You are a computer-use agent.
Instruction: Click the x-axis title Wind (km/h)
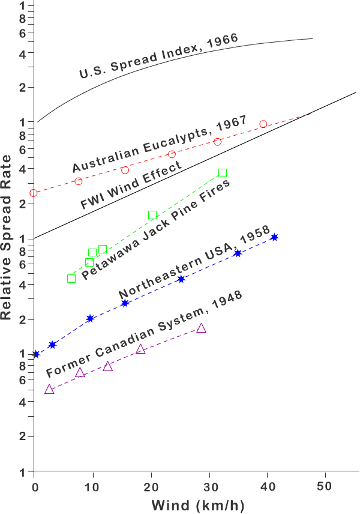198,504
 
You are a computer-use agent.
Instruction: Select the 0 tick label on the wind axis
34,485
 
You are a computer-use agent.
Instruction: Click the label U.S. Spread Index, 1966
159,56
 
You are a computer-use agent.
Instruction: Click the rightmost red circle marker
263,124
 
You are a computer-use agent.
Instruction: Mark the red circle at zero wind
34,193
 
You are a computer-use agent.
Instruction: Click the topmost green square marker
223,173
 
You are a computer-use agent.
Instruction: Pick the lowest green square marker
71,279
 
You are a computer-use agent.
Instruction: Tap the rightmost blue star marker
274,238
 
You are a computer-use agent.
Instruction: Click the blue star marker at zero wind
35,354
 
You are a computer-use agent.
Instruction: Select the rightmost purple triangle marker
202,328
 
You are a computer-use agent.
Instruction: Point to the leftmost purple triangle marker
49,389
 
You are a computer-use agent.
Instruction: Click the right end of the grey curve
313,39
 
